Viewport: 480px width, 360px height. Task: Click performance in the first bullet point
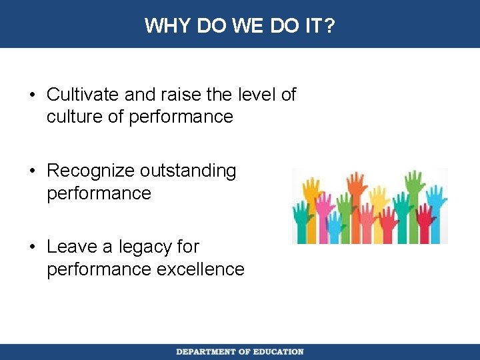[x=181, y=117]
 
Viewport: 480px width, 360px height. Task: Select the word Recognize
[x=91, y=171]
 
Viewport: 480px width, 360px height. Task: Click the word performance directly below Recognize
[x=99, y=194]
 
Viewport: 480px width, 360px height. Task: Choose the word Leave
[x=71, y=247]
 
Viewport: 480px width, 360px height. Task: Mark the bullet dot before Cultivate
[x=33, y=95]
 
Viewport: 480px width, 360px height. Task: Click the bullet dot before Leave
[x=33, y=247]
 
